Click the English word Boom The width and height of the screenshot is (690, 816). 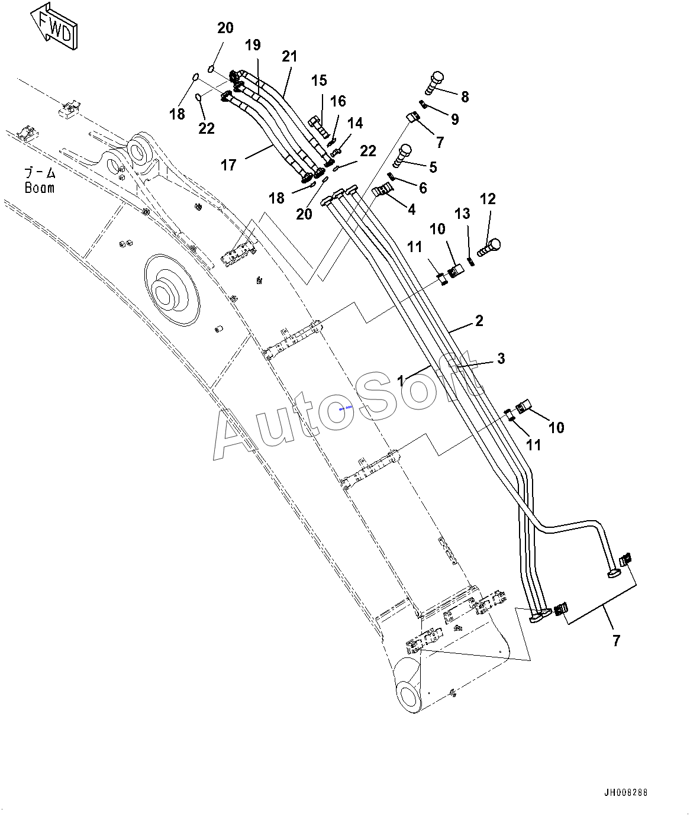[x=40, y=188]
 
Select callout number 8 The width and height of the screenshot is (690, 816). [x=465, y=96]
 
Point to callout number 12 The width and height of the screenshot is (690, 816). [x=488, y=199]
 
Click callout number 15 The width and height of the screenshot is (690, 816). [x=319, y=80]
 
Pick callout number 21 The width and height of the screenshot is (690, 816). [x=289, y=57]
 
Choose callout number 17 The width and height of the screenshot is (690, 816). [x=229, y=165]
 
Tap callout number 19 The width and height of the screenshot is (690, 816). [x=253, y=44]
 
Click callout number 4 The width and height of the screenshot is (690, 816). [x=411, y=209]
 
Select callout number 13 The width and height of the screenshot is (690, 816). [x=462, y=213]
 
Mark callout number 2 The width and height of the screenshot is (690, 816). [x=479, y=321]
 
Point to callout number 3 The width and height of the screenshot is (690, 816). [x=501, y=358]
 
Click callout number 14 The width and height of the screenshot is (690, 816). [x=355, y=123]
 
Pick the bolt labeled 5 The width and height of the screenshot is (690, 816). [x=403, y=154]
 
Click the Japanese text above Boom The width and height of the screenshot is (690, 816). [x=40, y=173]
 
